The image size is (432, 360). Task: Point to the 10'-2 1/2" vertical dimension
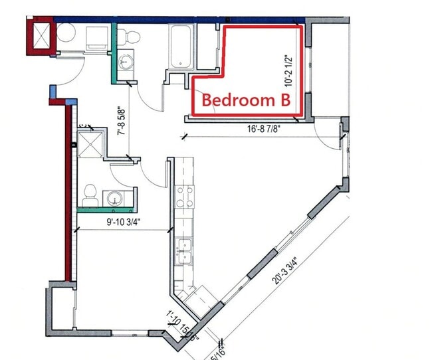tap(288, 71)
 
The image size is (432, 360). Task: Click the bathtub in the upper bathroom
tap(181, 47)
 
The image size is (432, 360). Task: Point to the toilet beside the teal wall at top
tap(132, 35)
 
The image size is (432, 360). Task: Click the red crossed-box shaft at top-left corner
tap(39, 35)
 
